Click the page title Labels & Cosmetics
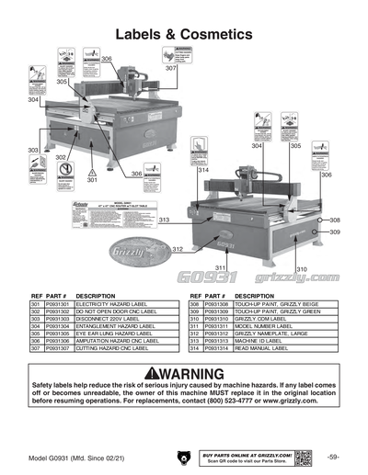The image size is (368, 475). click(184, 34)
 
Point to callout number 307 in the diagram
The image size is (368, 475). click(171, 69)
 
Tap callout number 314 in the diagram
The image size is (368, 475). click(203, 171)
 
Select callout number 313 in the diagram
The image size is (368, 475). click(163, 221)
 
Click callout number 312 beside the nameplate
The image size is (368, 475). click(177, 250)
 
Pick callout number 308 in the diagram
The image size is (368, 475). click(335, 221)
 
